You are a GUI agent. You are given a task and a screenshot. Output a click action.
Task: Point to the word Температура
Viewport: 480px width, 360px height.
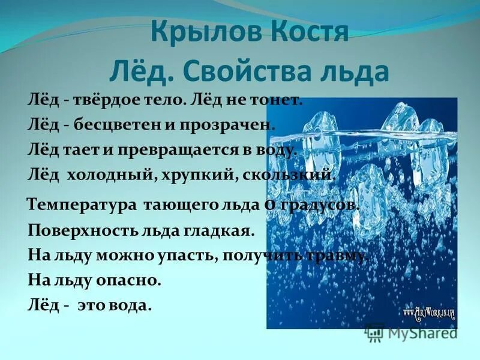(83, 205)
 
